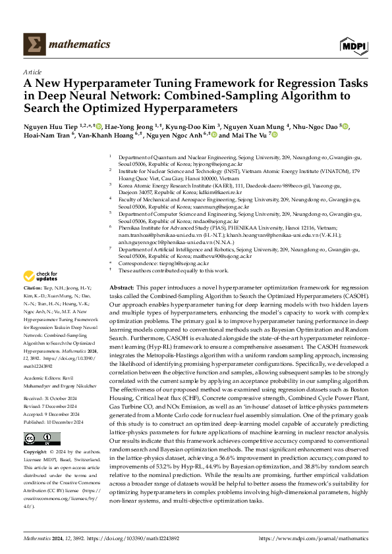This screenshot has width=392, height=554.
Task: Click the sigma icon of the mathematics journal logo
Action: coord(34,44)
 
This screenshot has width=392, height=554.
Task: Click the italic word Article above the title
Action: coord(32,71)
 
